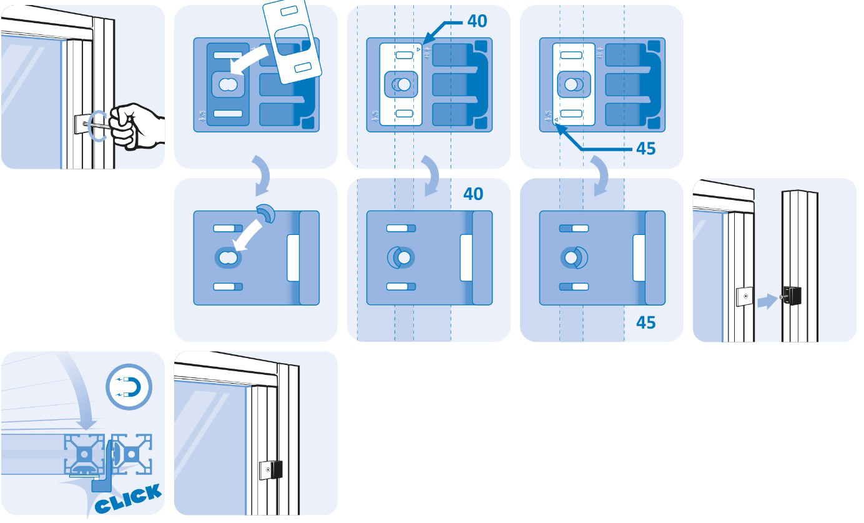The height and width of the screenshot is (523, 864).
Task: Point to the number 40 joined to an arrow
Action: pos(478,21)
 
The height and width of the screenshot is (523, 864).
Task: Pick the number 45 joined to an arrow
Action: pos(646,149)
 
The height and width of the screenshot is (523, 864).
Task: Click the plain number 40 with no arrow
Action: pos(473,194)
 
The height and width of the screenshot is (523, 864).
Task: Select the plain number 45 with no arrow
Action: pos(646,322)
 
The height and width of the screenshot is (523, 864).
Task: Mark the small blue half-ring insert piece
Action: pos(267,214)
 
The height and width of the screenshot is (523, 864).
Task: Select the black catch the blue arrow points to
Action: pos(792,296)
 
